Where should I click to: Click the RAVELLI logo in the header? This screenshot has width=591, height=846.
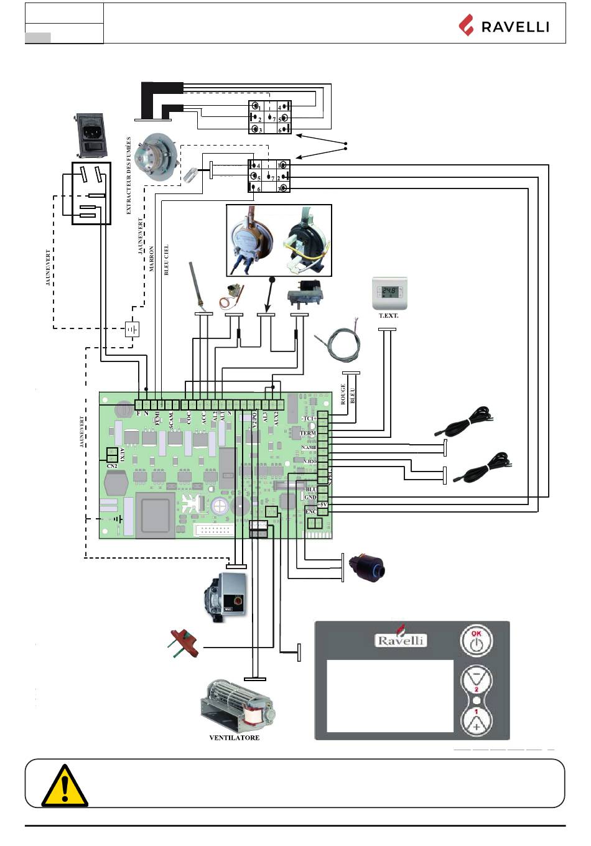tap(504, 26)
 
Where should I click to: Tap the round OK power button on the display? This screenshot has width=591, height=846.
tap(476, 641)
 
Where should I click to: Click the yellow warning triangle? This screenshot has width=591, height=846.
tap(63, 784)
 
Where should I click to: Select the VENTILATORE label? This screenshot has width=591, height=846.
tap(234, 738)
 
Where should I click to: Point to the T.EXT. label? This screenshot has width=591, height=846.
tap(388, 315)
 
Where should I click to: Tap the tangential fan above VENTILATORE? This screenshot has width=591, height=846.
tap(236, 706)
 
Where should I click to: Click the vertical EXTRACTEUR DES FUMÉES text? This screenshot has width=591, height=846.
tap(129, 175)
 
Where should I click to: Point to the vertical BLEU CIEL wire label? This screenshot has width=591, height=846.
tap(166, 259)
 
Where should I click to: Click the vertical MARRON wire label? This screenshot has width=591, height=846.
tap(152, 259)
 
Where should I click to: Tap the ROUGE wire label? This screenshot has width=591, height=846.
tap(343, 394)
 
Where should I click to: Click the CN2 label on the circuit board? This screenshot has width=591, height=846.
tap(112, 465)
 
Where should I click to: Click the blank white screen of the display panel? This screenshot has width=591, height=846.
tap(390, 695)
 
